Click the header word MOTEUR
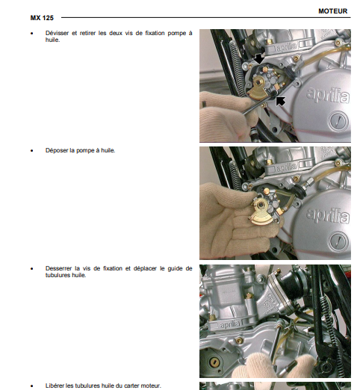pyautogui.click(x=332, y=11)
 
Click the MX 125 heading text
pyautogui.click(x=42, y=18)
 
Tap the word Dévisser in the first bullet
pyautogui.click(x=57, y=33)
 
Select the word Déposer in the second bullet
pyautogui.click(x=57, y=150)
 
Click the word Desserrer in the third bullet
pyautogui.click(x=58, y=268)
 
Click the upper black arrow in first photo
pyautogui.click(x=259, y=59)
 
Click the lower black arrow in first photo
pyautogui.click(x=280, y=101)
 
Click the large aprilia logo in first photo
pyautogui.click(x=328, y=96)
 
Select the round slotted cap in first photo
pyautogui.click(x=338, y=122)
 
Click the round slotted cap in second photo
pyautogui.click(x=338, y=241)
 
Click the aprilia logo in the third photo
pyautogui.click(x=230, y=324)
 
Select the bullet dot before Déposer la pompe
pyautogui.click(x=31, y=151)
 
